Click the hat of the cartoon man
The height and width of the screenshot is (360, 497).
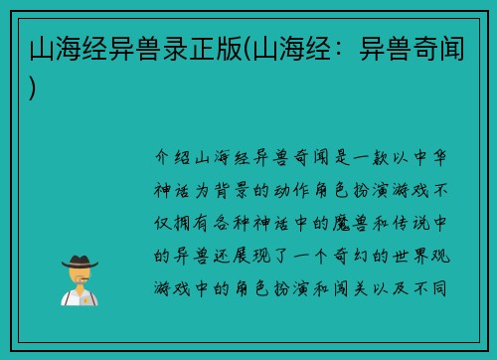[x=80, y=262]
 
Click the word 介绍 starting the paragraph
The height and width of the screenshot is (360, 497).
[x=174, y=157]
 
